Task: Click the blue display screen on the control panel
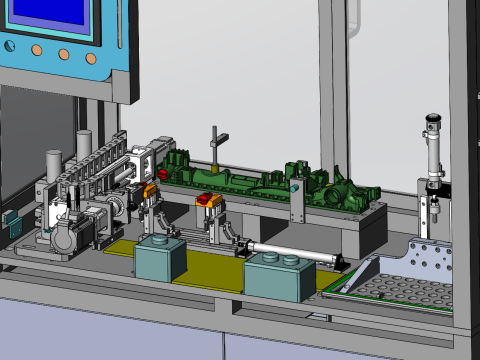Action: point(50,17)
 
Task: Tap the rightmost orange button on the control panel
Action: point(93,56)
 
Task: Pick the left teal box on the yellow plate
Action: point(159,258)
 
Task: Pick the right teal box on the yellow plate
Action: point(275,274)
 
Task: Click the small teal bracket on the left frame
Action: point(14,226)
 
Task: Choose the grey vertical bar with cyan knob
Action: point(296,200)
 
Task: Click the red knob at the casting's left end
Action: point(160,168)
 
